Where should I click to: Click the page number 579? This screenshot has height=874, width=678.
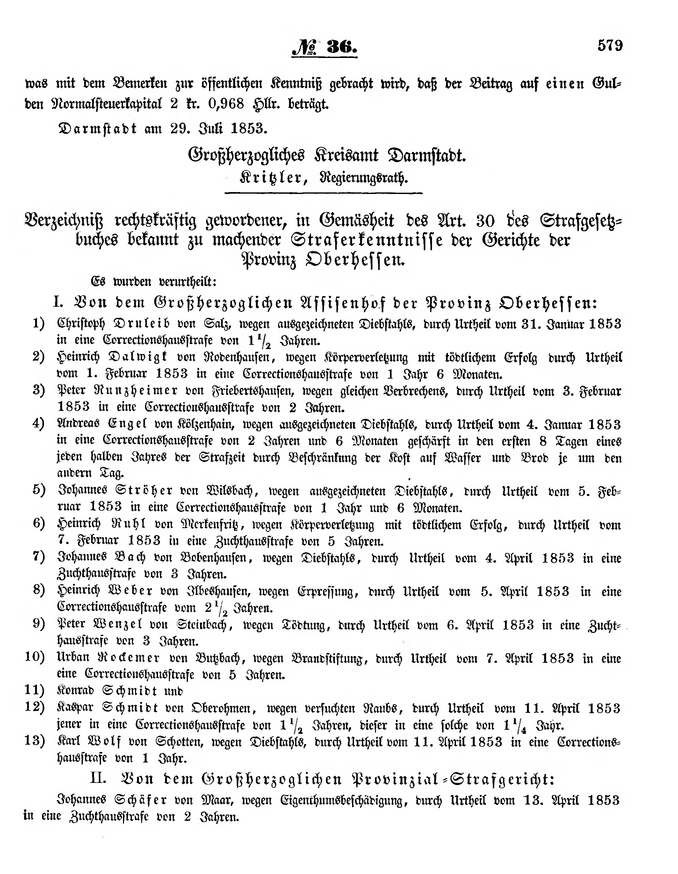pyautogui.click(x=610, y=45)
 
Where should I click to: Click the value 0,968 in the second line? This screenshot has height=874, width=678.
pyautogui.click(x=226, y=104)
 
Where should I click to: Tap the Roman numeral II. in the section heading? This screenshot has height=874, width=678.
pyautogui.click(x=99, y=778)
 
